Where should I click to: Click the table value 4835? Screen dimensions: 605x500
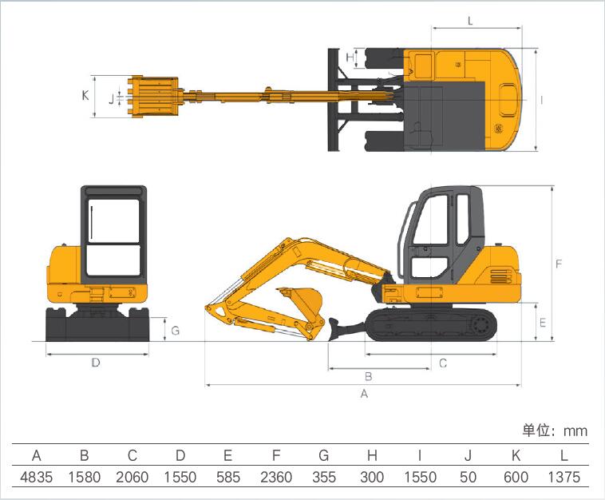pos(36,477)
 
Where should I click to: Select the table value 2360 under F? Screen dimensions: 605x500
pos(276,477)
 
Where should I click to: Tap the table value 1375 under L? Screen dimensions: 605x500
pos(564,477)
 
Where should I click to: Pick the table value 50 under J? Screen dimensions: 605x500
pos(468,477)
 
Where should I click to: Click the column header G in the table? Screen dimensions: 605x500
pos(324,455)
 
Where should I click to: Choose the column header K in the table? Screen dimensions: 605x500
pos(516,455)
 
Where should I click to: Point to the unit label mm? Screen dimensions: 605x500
pos(575,431)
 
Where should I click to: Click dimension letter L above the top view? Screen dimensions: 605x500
pos(470,21)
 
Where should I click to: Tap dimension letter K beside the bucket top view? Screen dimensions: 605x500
pos(85,95)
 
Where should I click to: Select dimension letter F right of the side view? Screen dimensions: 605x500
pos(559,264)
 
